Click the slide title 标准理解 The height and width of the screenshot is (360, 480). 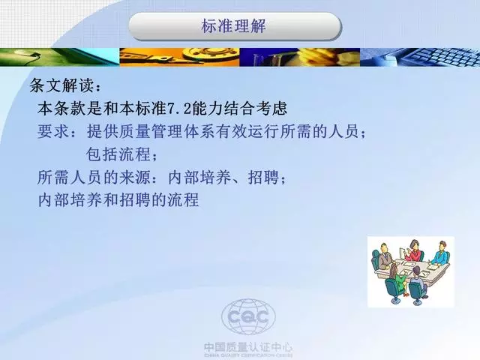(233, 25)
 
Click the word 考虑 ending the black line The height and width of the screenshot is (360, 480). (271, 108)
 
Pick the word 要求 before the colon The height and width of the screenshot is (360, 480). (53, 131)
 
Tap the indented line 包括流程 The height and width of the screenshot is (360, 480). (118, 154)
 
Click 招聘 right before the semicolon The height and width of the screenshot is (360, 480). (263, 177)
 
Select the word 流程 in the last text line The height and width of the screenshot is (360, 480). (183, 200)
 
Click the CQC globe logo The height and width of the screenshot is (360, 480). (248, 316)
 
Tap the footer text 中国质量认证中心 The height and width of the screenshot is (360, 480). (248, 347)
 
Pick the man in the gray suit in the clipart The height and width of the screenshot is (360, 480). (383, 256)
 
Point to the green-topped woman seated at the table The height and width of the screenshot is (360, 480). (397, 279)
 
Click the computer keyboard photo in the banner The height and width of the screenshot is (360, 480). (420, 57)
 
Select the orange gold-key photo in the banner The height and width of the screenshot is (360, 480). (179, 57)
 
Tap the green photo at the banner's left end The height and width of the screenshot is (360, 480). (60, 57)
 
